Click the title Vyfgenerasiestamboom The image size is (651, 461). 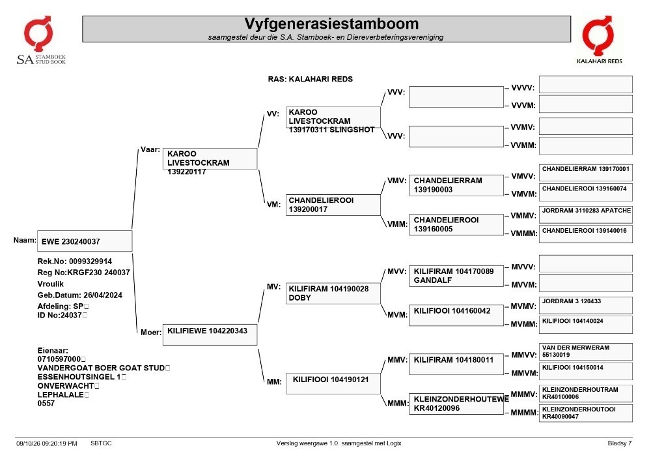[x=331, y=23]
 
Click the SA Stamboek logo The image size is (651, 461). [x=40, y=40]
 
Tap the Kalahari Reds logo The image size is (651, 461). [x=599, y=40]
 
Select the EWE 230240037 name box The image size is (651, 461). [x=85, y=241]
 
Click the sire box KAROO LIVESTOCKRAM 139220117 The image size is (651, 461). [x=210, y=159]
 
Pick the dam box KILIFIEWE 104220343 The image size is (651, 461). [x=210, y=335]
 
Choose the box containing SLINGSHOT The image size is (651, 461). [x=333, y=117]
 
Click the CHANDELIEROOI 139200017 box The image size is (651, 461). [x=333, y=205]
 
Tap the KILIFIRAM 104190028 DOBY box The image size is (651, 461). [x=333, y=293]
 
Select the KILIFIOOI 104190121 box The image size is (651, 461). [x=333, y=383]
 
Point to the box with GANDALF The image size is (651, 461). [x=456, y=276]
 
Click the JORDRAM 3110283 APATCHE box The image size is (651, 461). [x=586, y=214]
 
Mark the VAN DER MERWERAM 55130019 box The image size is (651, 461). [x=586, y=351]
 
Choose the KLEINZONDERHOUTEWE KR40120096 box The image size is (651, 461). [x=456, y=404]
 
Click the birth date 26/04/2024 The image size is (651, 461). [x=103, y=295]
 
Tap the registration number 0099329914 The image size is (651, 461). [x=90, y=261]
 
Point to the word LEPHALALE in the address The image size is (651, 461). [x=61, y=394]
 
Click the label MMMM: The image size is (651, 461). [x=524, y=413]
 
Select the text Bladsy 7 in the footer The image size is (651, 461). [x=620, y=443]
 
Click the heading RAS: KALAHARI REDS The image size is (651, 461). [x=310, y=79]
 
